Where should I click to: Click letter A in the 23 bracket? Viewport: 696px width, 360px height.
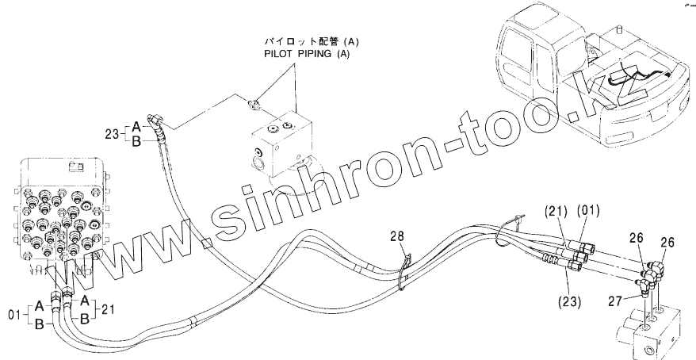click(136, 125)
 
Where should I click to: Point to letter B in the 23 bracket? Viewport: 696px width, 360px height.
click(136, 142)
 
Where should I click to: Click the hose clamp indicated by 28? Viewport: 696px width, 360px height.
click(405, 262)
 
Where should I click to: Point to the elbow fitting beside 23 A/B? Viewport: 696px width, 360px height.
click(159, 121)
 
